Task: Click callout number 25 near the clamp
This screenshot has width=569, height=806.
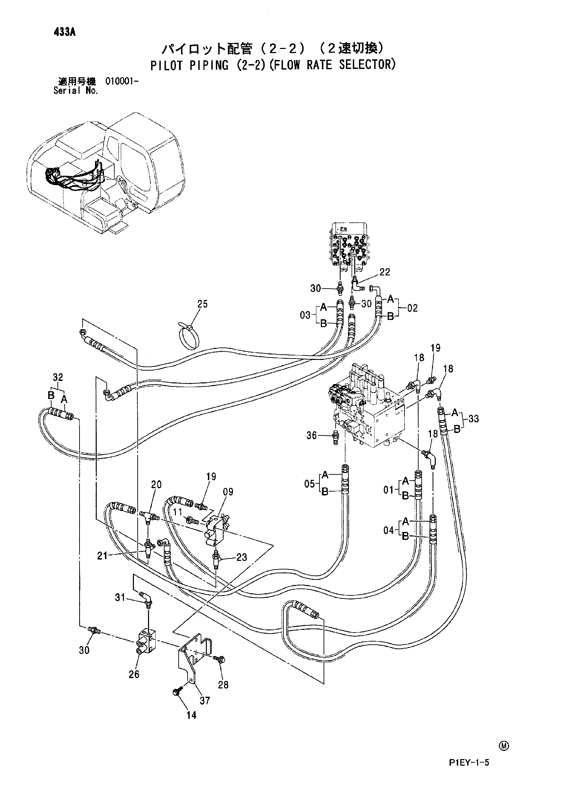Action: pyautogui.click(x=203, y=304)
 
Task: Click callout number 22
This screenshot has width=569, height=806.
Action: pyautogui.click(x=385, y=272)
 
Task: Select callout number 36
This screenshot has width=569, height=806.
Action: pyautogui.click(x=312, y=435)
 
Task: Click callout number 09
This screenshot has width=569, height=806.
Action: pyautogui.click(x=228, y=492)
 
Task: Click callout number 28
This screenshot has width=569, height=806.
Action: pyautogui.click(x=223, y=685)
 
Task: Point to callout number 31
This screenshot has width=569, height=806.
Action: pyautogui.click(x=120, y=597)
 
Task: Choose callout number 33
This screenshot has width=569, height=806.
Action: pyautogui.click(x=473, y=419)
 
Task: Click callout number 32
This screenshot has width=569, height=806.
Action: pyautogui.click(x=58, y=377)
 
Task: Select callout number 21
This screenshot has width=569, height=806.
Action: pyautogui.click(x=102, y=556)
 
